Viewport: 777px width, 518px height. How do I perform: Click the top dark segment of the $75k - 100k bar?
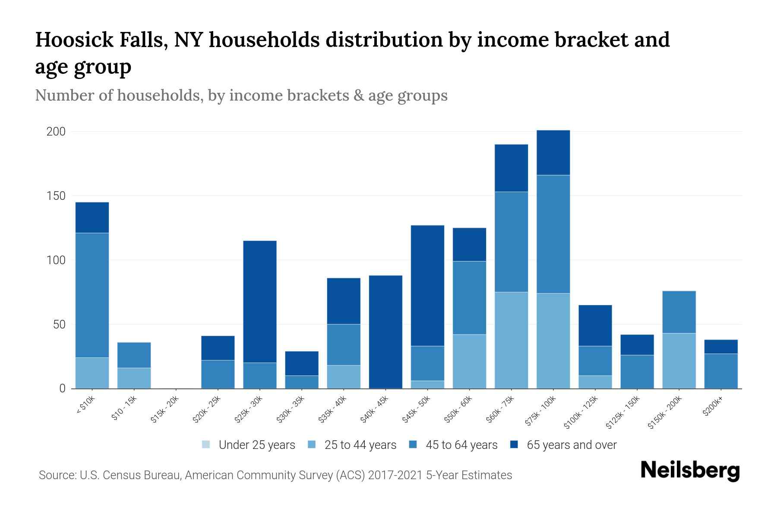pyautogui.click(x=553, y=152)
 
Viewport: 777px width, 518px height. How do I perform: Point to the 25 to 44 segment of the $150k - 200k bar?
pyautogui.click(x=679, y=360)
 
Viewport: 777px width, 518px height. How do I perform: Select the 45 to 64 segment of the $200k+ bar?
pyautogui.click(x=720, y=371)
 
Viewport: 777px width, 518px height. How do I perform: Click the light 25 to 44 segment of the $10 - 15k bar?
pyautogui.click(x=134, y=378)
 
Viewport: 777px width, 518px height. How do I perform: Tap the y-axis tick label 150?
pyautogui.click(x=56, y=196)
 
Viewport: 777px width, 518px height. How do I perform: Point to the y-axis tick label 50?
pyautogui.click(x=59, y=325)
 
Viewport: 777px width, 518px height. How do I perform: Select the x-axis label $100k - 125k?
pyautogui.click(x=581, y=413)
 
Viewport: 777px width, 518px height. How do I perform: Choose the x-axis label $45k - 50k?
pyautogui.click(x=416, y=410)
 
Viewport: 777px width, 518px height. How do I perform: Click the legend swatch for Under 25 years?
pyautogui.click(x=206, y=445)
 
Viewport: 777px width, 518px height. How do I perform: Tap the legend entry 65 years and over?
pyautogui.click(x=571, y=445)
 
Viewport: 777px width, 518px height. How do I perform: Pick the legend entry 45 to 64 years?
pyautogui.click(x=461, y=445)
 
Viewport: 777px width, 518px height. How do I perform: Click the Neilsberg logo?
pyautogui.click(x=690, y=471)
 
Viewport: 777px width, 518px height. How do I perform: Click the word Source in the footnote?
pyautogui.click(x=57, y=475)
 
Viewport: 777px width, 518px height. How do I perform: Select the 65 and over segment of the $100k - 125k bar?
pyautogui.click(x=595, y=325)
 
